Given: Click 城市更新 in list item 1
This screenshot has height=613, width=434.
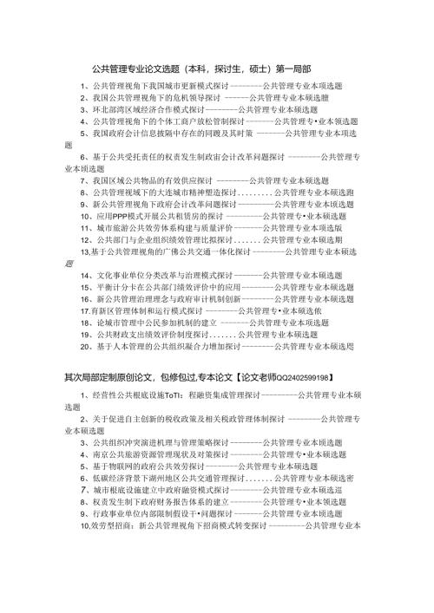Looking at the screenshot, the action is tap(166, 87).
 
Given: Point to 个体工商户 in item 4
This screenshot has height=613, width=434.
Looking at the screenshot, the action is tap(168, 123).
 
